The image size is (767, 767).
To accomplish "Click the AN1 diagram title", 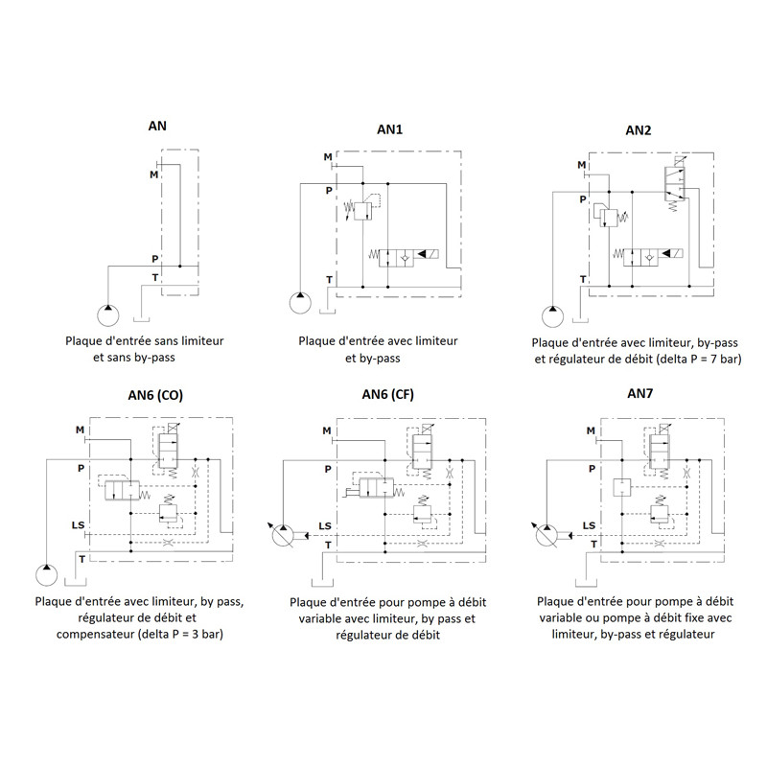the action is [389, 129].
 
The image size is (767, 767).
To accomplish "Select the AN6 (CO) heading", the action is [155, 395].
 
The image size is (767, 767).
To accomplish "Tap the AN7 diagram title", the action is [639, 393].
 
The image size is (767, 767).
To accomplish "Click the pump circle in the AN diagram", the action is [108, 315].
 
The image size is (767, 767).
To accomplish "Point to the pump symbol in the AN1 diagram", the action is [300, 303].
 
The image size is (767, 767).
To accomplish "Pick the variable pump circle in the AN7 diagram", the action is [546, 536].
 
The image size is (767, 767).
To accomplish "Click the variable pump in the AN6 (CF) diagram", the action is [283, 536].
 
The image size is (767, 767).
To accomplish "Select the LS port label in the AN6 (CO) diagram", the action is [79, 524].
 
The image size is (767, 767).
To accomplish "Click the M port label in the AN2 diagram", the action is [581, 165].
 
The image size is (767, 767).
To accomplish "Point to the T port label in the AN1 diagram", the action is [329, 280].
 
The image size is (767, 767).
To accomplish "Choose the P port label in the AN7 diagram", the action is [592, 469].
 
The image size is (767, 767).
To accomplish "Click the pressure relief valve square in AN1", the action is [363, 211].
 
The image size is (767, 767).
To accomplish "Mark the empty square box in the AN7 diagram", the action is [622, 487].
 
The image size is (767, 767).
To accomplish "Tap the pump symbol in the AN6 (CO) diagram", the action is [46, 574].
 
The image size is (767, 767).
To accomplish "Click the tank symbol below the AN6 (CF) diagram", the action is [322, 583].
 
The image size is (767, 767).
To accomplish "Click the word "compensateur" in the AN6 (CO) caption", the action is [95, 635].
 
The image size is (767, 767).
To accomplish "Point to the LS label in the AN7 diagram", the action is [589, 525].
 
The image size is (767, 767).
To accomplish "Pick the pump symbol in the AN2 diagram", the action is [553, 316].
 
